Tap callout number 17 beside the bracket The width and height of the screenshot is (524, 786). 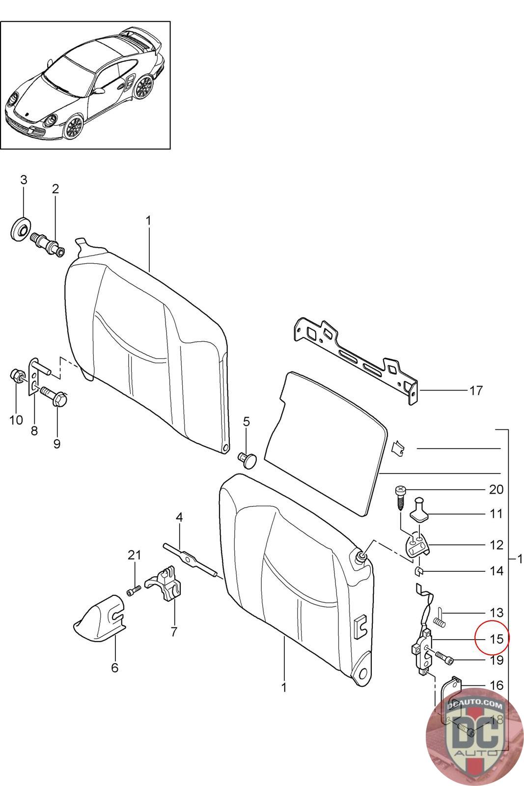coord(476,391)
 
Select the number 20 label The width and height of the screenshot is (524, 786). coord(496,489)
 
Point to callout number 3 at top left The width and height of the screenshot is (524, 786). coord(24,179)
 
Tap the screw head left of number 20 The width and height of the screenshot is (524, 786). coord(400,490)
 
